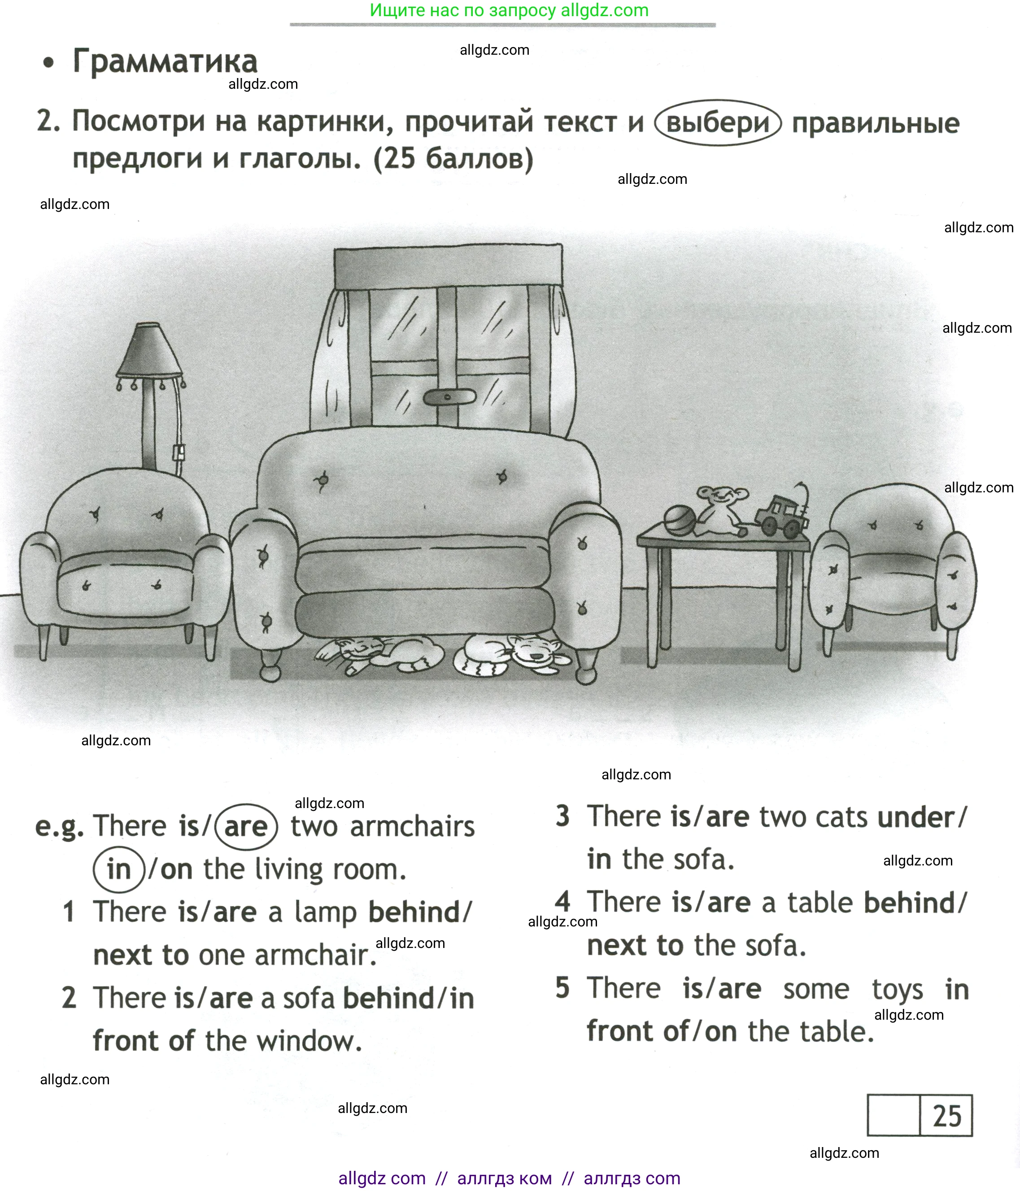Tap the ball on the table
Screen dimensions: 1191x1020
point(679,521)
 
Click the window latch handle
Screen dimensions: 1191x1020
point(449,396)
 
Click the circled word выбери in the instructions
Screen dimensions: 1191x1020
point(718,122)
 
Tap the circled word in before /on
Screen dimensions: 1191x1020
point(119,869)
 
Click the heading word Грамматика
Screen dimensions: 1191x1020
point(165,61)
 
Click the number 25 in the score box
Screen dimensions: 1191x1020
point(947,1116)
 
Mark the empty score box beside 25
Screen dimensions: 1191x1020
point(893,1116)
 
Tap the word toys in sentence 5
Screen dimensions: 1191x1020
point(897,990)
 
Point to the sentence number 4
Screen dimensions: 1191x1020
point(562,901)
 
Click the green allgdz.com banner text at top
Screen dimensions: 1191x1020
point(509,10)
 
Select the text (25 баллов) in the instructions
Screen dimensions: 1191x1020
point(453,159)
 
